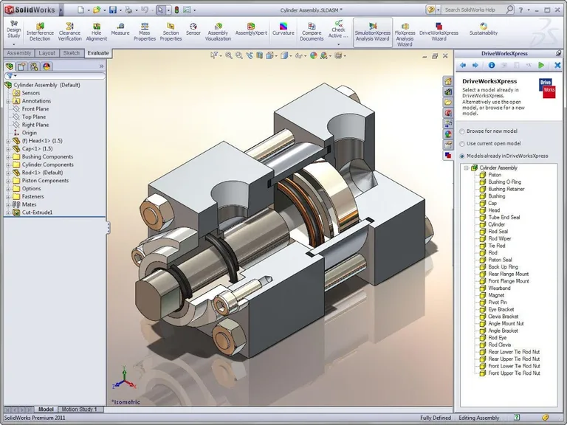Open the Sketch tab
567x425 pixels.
coord(71,53)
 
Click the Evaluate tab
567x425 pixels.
coord(97,53)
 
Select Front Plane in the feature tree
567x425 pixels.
coord(35,108)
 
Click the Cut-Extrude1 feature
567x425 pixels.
coord(37,212)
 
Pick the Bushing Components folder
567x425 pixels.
coord(47,156)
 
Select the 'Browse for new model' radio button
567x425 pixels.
coord(462,131)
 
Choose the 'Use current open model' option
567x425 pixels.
coord(462,143)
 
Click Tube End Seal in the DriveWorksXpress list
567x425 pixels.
coord(504,218)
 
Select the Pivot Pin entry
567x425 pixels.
coord(498,303)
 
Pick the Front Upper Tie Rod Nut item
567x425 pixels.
coord(514,373)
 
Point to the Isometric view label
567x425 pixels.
coord(127,402)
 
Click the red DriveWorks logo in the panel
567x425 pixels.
coord(547,88)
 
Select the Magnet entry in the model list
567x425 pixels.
coord(497,295)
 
